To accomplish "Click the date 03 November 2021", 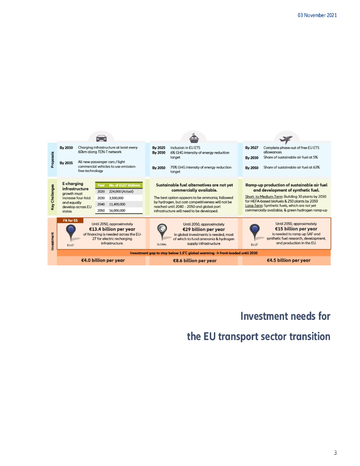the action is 317,15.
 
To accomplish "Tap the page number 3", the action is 335,452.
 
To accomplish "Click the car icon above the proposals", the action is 101,138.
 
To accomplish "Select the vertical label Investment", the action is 53,241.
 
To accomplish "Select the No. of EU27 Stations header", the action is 125,185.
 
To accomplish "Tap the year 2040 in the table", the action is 101,204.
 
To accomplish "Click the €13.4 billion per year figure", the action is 112,229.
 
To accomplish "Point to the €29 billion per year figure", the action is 203,229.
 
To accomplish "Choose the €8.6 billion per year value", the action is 195,261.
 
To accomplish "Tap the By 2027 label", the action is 252,147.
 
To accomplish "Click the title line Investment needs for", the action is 285,316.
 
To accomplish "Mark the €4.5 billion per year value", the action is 289,260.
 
